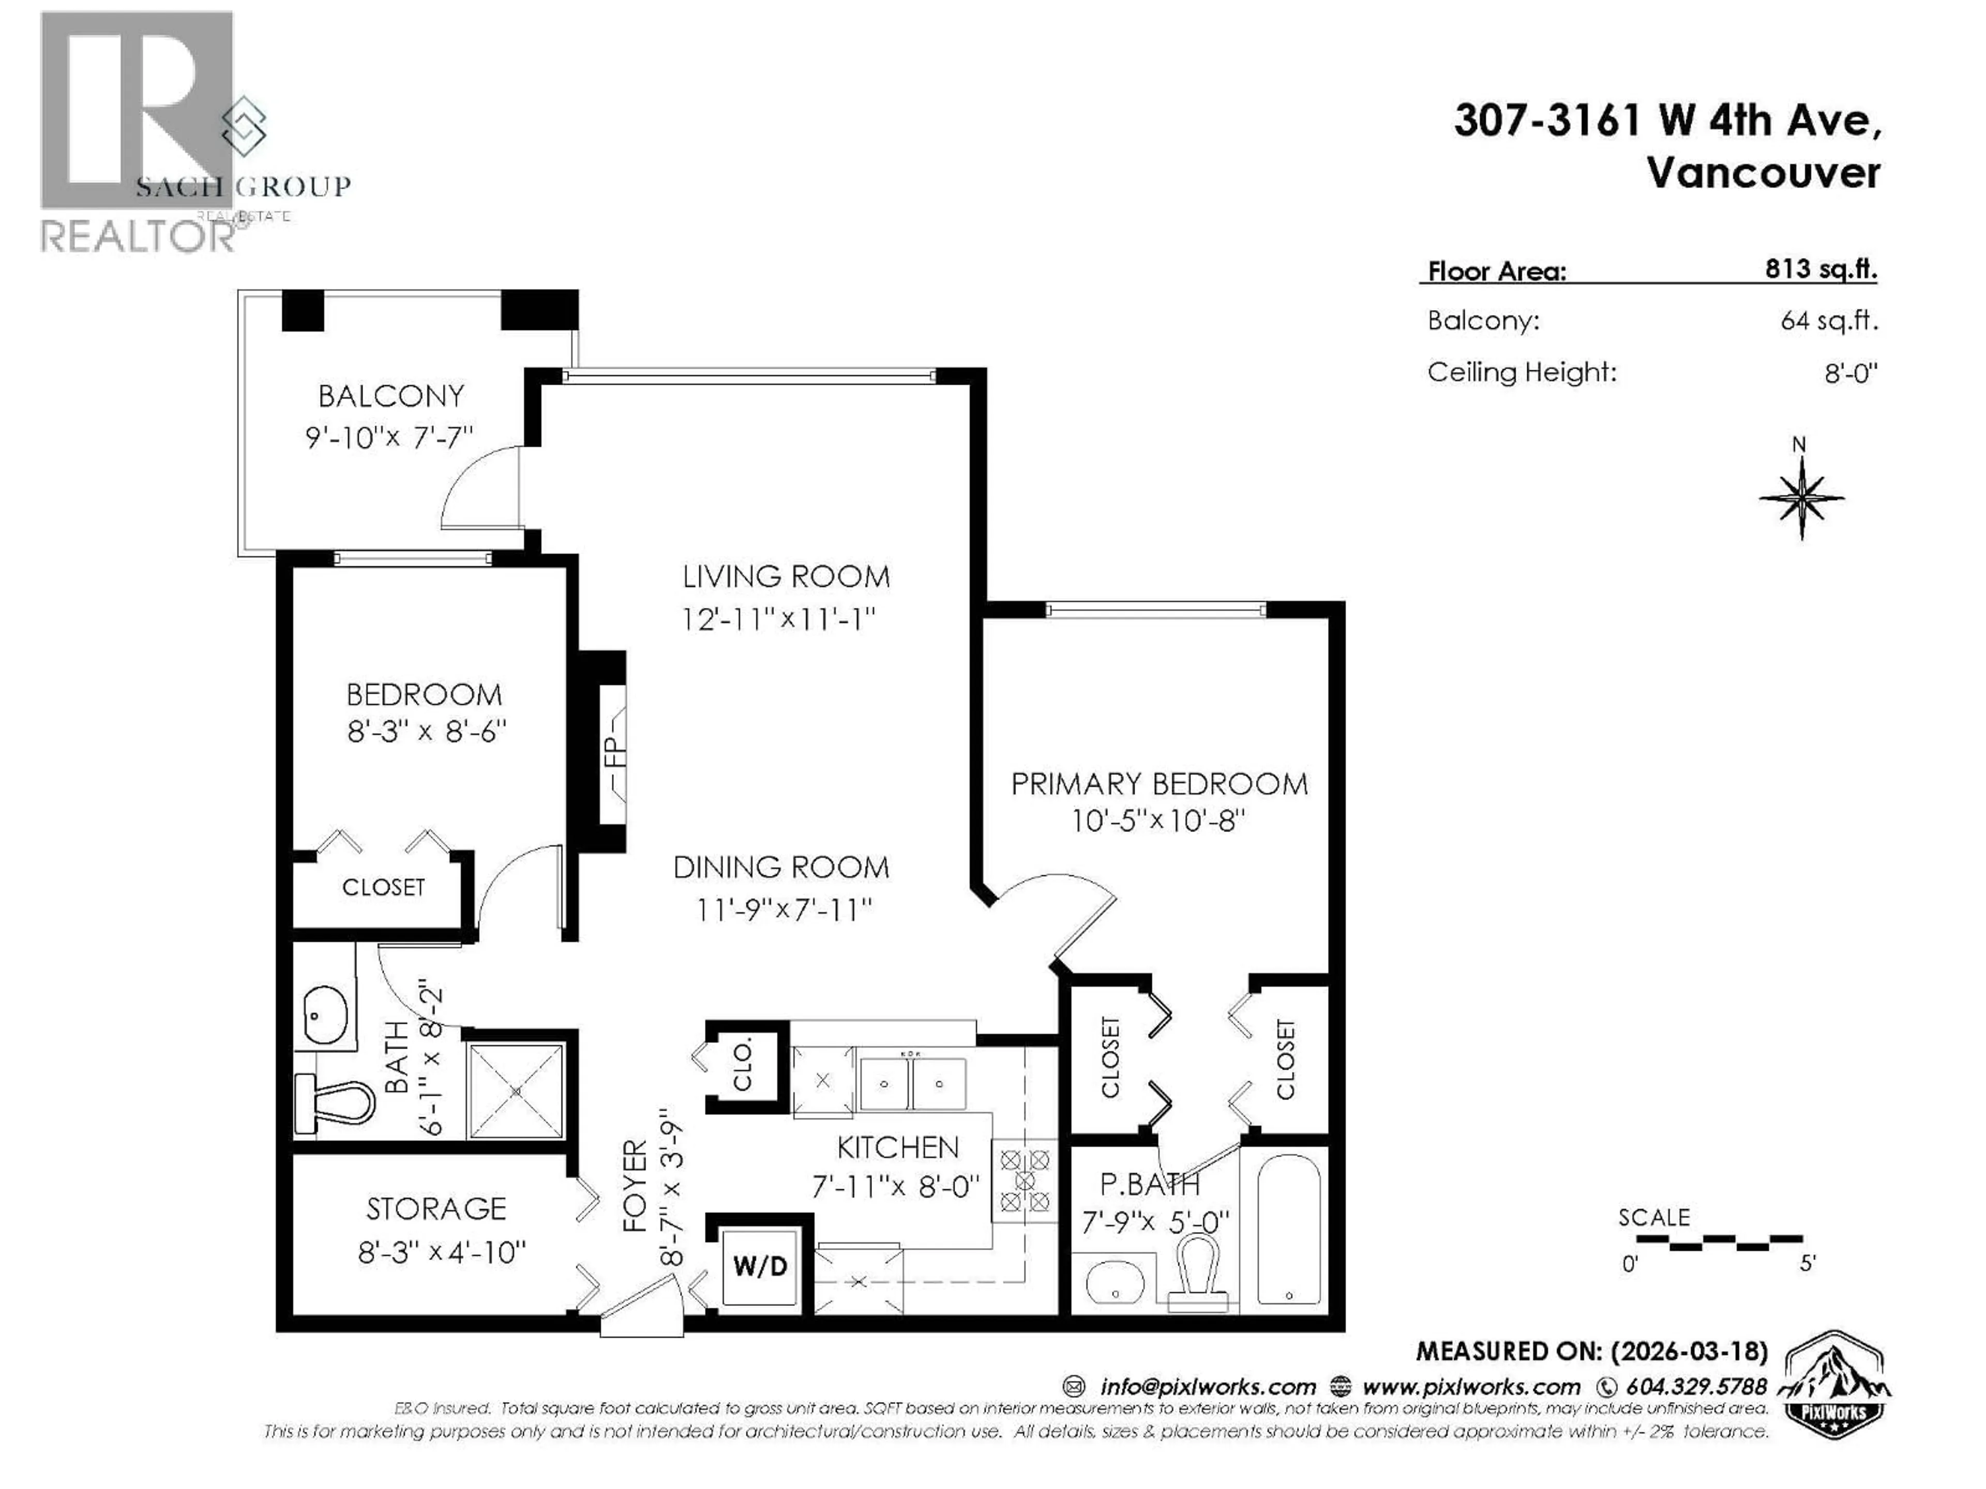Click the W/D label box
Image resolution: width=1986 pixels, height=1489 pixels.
(760, 1266)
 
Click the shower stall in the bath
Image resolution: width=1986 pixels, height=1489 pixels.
(516, 1090)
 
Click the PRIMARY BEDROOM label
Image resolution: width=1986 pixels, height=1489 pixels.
(1159, 784)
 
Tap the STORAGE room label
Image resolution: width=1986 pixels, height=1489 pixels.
(437, 1209)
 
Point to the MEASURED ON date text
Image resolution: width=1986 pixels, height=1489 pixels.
(1591, 1351)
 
